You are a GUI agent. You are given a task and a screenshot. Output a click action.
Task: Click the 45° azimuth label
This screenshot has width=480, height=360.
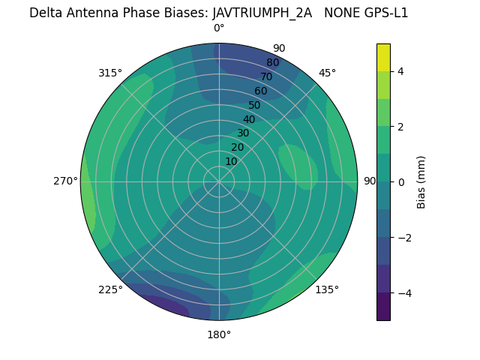[327, 73]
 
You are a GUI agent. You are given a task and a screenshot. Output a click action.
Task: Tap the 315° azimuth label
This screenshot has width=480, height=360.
[110, 73]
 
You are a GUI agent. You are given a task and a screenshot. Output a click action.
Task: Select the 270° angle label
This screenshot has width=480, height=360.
[66, 181]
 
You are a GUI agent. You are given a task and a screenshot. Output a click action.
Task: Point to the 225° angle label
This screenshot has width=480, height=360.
[110, 290]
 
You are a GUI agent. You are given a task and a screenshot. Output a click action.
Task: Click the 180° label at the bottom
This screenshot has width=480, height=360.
[219, 335]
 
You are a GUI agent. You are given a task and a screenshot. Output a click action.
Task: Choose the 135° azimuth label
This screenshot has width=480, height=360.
[327, 290]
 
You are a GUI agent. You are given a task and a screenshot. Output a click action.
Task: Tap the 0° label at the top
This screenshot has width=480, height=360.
[219, 28]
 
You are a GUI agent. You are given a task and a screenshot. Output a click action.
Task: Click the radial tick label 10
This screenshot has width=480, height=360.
[231, 161]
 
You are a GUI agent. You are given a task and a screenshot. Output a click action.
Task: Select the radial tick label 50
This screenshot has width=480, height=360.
[254, 105]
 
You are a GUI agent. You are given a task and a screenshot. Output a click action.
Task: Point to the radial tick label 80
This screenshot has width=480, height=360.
[272, 63]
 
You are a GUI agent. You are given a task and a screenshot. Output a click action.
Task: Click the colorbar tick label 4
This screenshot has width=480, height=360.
[401, 71]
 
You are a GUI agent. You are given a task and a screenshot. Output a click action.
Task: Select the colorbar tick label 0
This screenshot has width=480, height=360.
[401, 182]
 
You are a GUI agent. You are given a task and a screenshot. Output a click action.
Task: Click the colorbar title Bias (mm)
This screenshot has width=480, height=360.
[421, 182]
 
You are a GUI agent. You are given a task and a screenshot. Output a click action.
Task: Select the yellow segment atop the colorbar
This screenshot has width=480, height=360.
[383, 57]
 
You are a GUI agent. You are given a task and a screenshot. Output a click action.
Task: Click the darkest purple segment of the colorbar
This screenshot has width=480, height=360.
[383, 307]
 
